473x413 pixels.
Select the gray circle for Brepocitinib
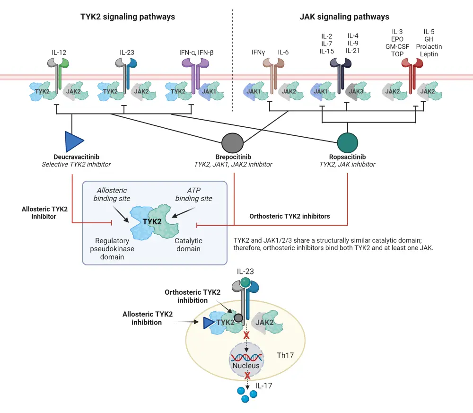233,141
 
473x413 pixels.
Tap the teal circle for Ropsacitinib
348,141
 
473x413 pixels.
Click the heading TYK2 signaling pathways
128,17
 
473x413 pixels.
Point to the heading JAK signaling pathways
344,17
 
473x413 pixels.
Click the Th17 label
286,355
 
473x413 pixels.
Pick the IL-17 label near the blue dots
264,386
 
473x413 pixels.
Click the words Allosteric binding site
112,194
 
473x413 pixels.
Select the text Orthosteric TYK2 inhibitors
289,216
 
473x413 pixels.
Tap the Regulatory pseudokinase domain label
111,249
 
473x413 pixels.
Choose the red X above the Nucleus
246,335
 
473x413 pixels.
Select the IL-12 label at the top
57,53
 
